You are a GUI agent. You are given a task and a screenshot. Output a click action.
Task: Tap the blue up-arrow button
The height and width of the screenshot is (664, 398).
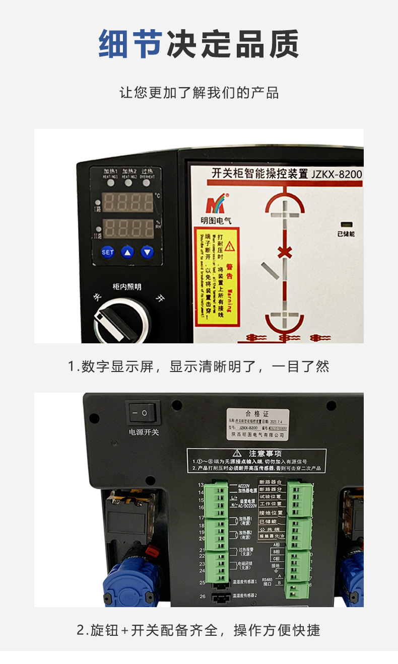(127, 252)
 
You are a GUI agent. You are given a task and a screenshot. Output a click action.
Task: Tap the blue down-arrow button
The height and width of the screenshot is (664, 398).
(147, 252)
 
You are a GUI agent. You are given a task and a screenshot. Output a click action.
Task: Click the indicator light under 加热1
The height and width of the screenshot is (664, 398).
(110, 183)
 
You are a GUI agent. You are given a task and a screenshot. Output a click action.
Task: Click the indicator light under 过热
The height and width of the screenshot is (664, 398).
(147, 183)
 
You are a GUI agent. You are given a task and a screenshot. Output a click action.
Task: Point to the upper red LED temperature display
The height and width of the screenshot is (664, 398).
(128, 202)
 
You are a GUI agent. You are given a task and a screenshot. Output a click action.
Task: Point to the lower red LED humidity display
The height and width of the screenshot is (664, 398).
(128, 227)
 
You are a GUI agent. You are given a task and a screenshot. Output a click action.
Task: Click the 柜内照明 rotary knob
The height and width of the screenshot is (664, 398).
(121, 320)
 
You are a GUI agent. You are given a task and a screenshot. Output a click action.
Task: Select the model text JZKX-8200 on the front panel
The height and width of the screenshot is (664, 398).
(336, 174)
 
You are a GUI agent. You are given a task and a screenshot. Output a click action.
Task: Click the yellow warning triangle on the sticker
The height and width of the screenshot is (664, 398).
(230, 246)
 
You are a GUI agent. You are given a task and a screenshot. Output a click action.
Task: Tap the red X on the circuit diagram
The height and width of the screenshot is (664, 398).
(285, 252)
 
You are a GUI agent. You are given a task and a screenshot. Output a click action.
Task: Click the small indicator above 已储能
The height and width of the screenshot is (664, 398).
(346, 225)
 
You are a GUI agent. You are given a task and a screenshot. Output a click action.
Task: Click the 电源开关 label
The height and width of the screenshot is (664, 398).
(144, 431)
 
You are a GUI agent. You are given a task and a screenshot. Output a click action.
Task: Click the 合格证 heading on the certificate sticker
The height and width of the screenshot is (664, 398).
(257, 413)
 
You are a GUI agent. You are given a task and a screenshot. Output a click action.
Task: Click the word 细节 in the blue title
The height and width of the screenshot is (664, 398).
(130, 44)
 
